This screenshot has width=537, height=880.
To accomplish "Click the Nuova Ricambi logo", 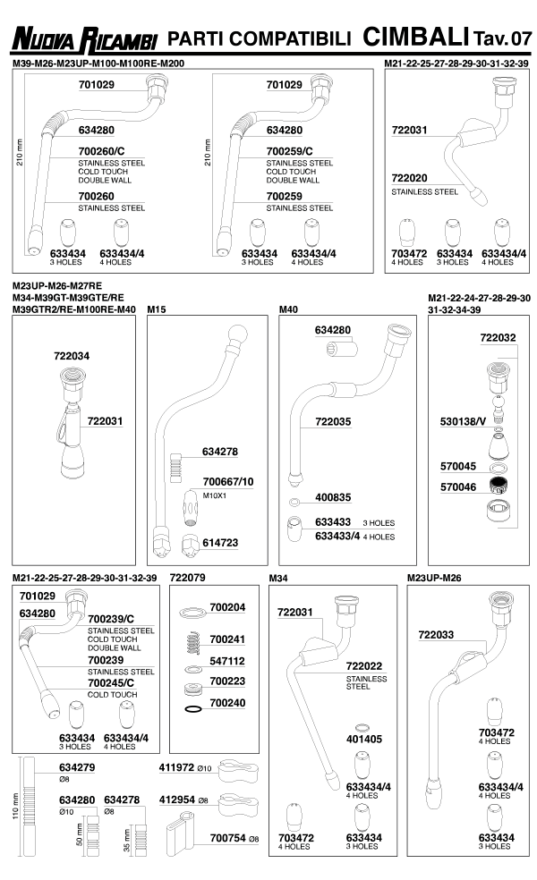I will pyautogui.click(x=83, y=39).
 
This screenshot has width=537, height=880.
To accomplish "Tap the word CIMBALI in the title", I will pyautogui.click(x=416, y=37).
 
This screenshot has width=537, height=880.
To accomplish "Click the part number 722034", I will pyautogui.click(x=72, y=356).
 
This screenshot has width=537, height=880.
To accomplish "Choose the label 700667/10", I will pyautogui.click(x=228, y=482).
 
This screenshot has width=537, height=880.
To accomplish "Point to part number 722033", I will pyautogui.click(x=437, y=634).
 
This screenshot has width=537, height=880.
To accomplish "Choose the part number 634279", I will pyautogui.click(x=77, y=767).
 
